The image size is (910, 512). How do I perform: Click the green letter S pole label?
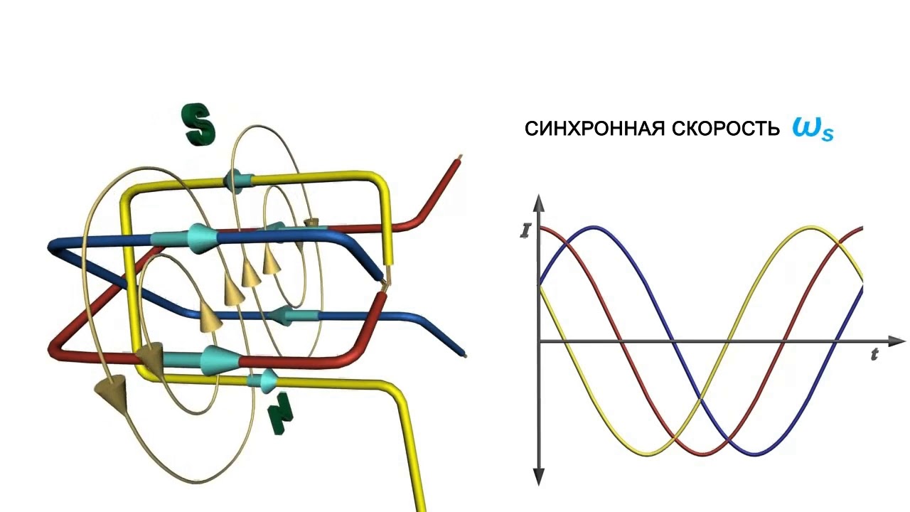[x=198, y=124]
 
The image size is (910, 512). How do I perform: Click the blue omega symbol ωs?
[x=812, y=129]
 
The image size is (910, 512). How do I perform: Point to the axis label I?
[x=525, y=231]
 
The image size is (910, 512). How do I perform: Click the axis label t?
[x=874, y=355]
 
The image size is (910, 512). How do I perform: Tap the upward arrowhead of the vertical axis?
[x=539, y=203]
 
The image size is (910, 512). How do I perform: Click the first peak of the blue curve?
[x=596, y=228]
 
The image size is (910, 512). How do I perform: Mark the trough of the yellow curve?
[x=648, y=454]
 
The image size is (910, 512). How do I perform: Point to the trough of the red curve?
[x=702, y=454]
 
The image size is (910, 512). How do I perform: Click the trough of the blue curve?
[x=756, y=454]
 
